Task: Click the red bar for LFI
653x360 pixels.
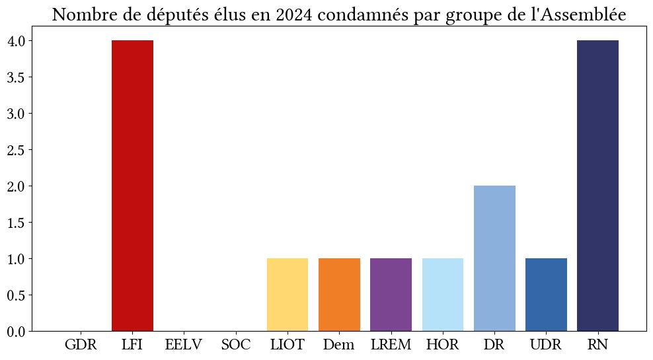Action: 132,185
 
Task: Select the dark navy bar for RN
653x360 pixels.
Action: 597,185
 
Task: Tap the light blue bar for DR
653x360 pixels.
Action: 494,258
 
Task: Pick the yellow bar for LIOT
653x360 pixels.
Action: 288,294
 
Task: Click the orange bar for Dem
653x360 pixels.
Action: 339,294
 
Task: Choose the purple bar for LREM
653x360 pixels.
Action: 391,294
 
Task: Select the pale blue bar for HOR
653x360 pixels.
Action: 442,294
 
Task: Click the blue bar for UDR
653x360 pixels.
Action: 546,294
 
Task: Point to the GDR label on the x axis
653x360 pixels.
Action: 81,345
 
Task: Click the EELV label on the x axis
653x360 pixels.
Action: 184,345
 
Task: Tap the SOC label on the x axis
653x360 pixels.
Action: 236,345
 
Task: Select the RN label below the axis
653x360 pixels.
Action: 597,345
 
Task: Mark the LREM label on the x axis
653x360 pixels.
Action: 391,345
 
